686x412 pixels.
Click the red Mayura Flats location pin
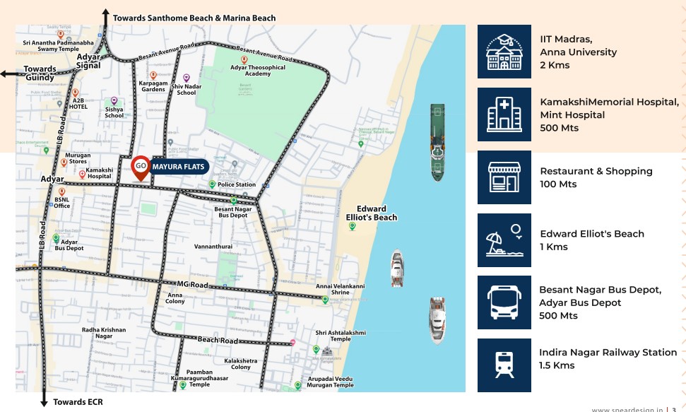[141, 167]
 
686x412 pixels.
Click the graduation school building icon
[504, 52]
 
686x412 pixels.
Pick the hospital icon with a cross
[504, 114]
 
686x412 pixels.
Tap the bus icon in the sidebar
[504, 302]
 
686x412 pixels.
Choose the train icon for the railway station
[504, 365]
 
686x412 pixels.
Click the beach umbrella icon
[504, 240]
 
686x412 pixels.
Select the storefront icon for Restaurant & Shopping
[504, 177]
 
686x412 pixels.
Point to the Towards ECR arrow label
[78, 402]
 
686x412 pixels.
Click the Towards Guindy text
[40, 73]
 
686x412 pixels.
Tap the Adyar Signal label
[88, 61]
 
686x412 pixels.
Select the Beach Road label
[218, 340]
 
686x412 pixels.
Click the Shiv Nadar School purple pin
[187, 78]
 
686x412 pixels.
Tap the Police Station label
[237, 184]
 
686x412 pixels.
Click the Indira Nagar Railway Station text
[608, 352]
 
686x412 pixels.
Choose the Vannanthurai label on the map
[213, 247]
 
